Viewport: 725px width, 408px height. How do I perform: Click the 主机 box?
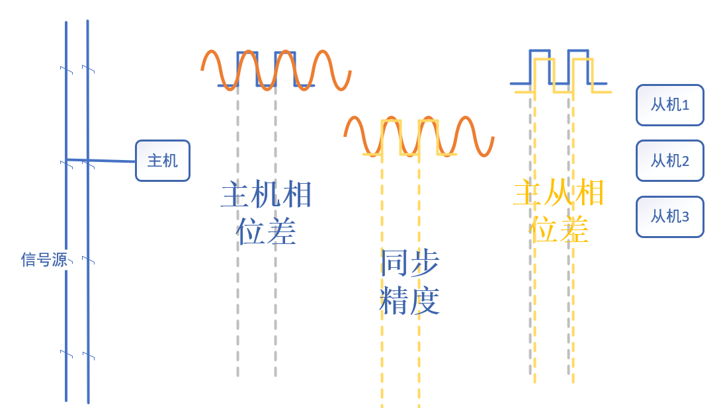coord(162,161)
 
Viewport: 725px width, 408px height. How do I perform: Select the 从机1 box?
coord(669,104)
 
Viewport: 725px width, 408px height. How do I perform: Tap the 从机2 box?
coord(669,161)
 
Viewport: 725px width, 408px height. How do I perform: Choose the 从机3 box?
coord(669,216)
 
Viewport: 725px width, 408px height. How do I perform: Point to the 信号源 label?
coord(44,259)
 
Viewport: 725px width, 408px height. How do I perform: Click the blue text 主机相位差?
coord(266,213)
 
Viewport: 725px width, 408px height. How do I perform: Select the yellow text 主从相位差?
coord(559,211)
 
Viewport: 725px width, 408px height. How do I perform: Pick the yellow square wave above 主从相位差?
coord(583,60)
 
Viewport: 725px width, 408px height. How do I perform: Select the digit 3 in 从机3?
coord(685,217)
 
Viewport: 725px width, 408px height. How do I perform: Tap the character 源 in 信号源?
coord(60,259)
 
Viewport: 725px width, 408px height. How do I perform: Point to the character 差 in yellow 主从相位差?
coord(574,229)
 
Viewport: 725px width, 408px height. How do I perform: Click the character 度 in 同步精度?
coord(425,301)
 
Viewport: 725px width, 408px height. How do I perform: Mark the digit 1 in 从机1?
coord(685,105)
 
